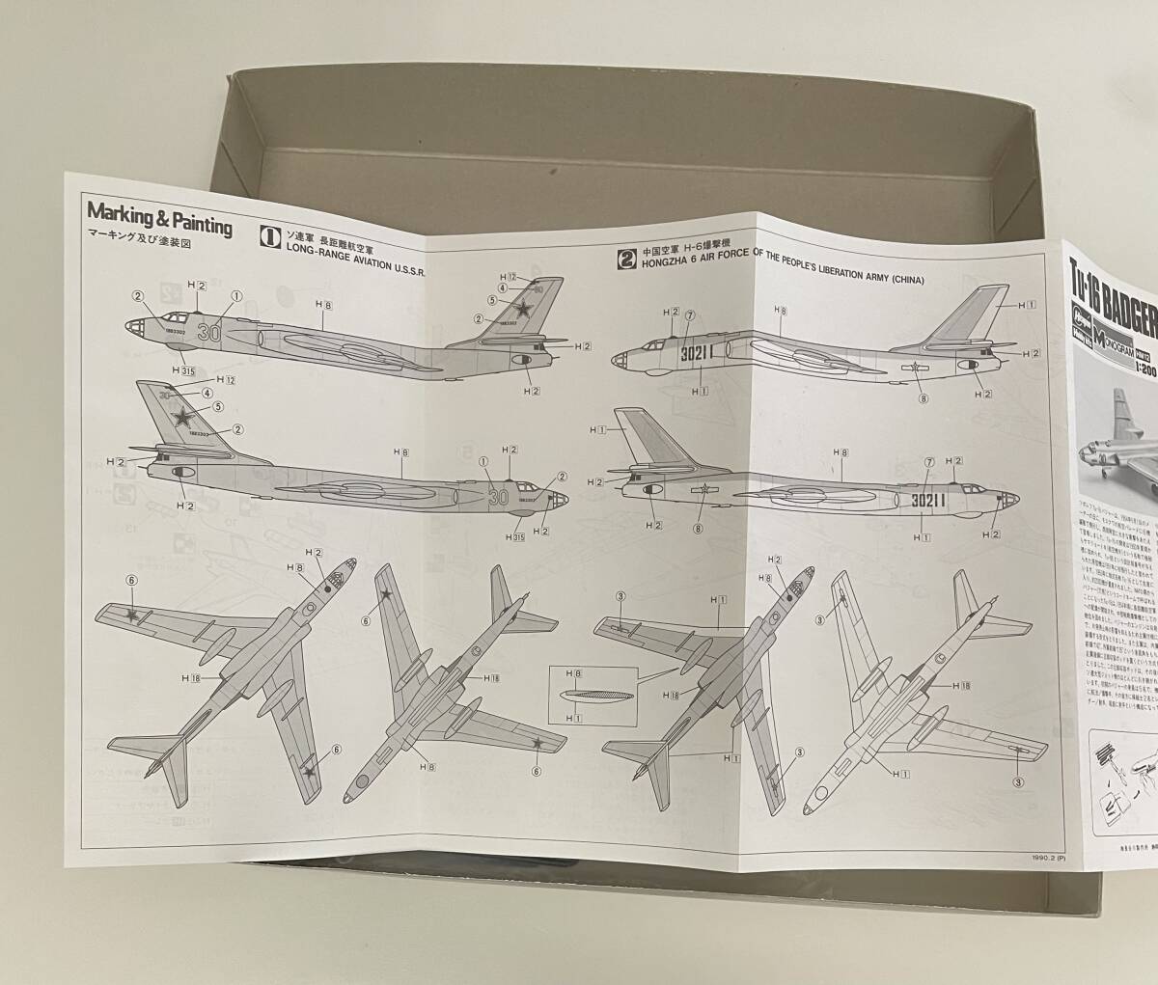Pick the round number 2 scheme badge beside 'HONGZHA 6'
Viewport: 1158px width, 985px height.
click(x=627, y=259)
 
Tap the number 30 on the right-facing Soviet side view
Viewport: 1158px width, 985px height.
click(x=498, y=498)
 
